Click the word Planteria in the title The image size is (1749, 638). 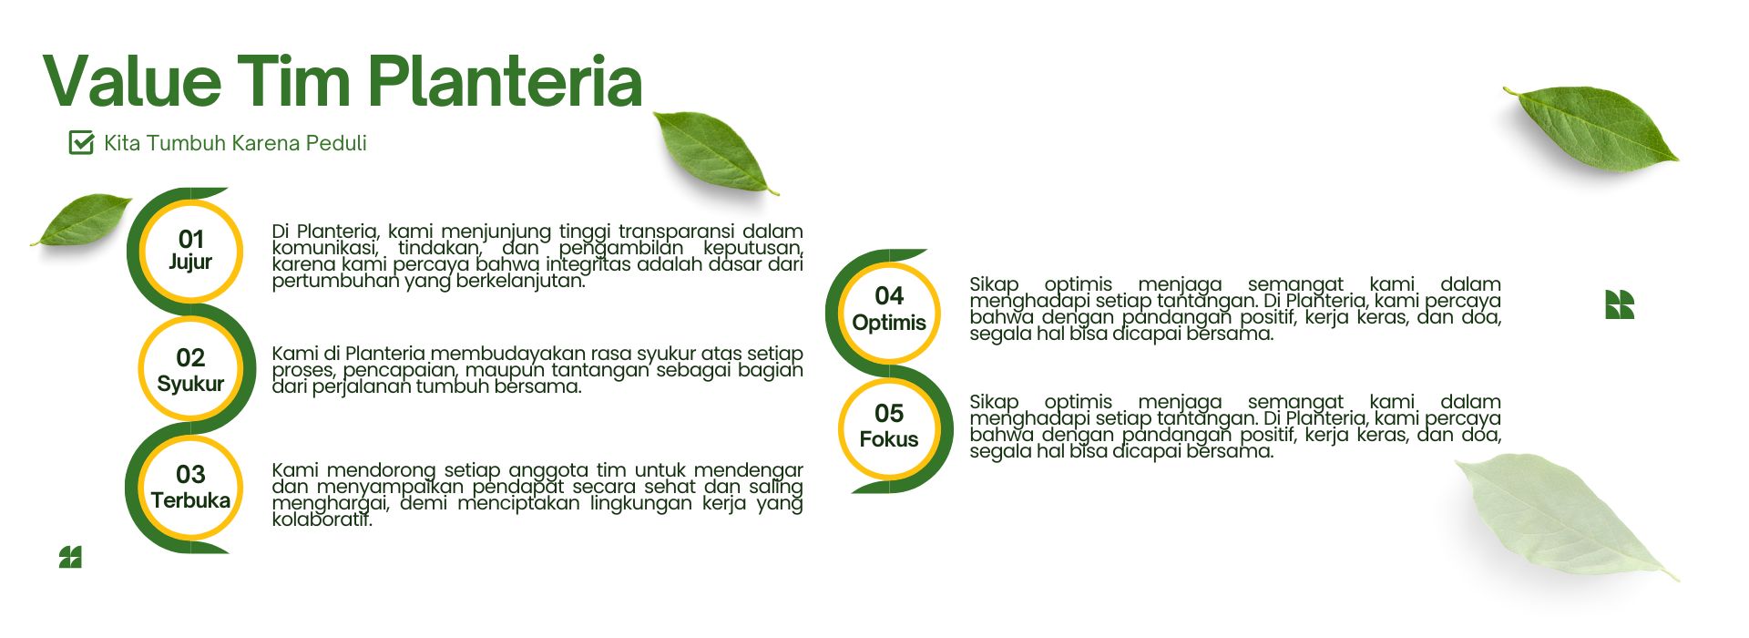(506, 82)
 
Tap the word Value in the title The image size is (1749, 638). (132, 82)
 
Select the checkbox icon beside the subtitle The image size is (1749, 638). (81, 142)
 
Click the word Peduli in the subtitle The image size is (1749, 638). (336, 143)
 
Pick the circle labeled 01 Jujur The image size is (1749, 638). (190, 251)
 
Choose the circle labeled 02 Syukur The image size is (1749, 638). (190, 369)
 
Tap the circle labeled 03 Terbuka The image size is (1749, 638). (190, 487)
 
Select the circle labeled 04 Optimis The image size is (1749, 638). (889, 309)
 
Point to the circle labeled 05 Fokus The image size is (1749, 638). (889, 427)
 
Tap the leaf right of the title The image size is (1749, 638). (715, 151)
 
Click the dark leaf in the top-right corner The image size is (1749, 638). (1591, 128)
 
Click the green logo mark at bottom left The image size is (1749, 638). (70, 557)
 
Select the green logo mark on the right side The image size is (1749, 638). (1619, 304)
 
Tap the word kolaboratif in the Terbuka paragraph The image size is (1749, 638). (322, 520)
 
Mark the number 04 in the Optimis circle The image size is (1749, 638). (889, 295)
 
